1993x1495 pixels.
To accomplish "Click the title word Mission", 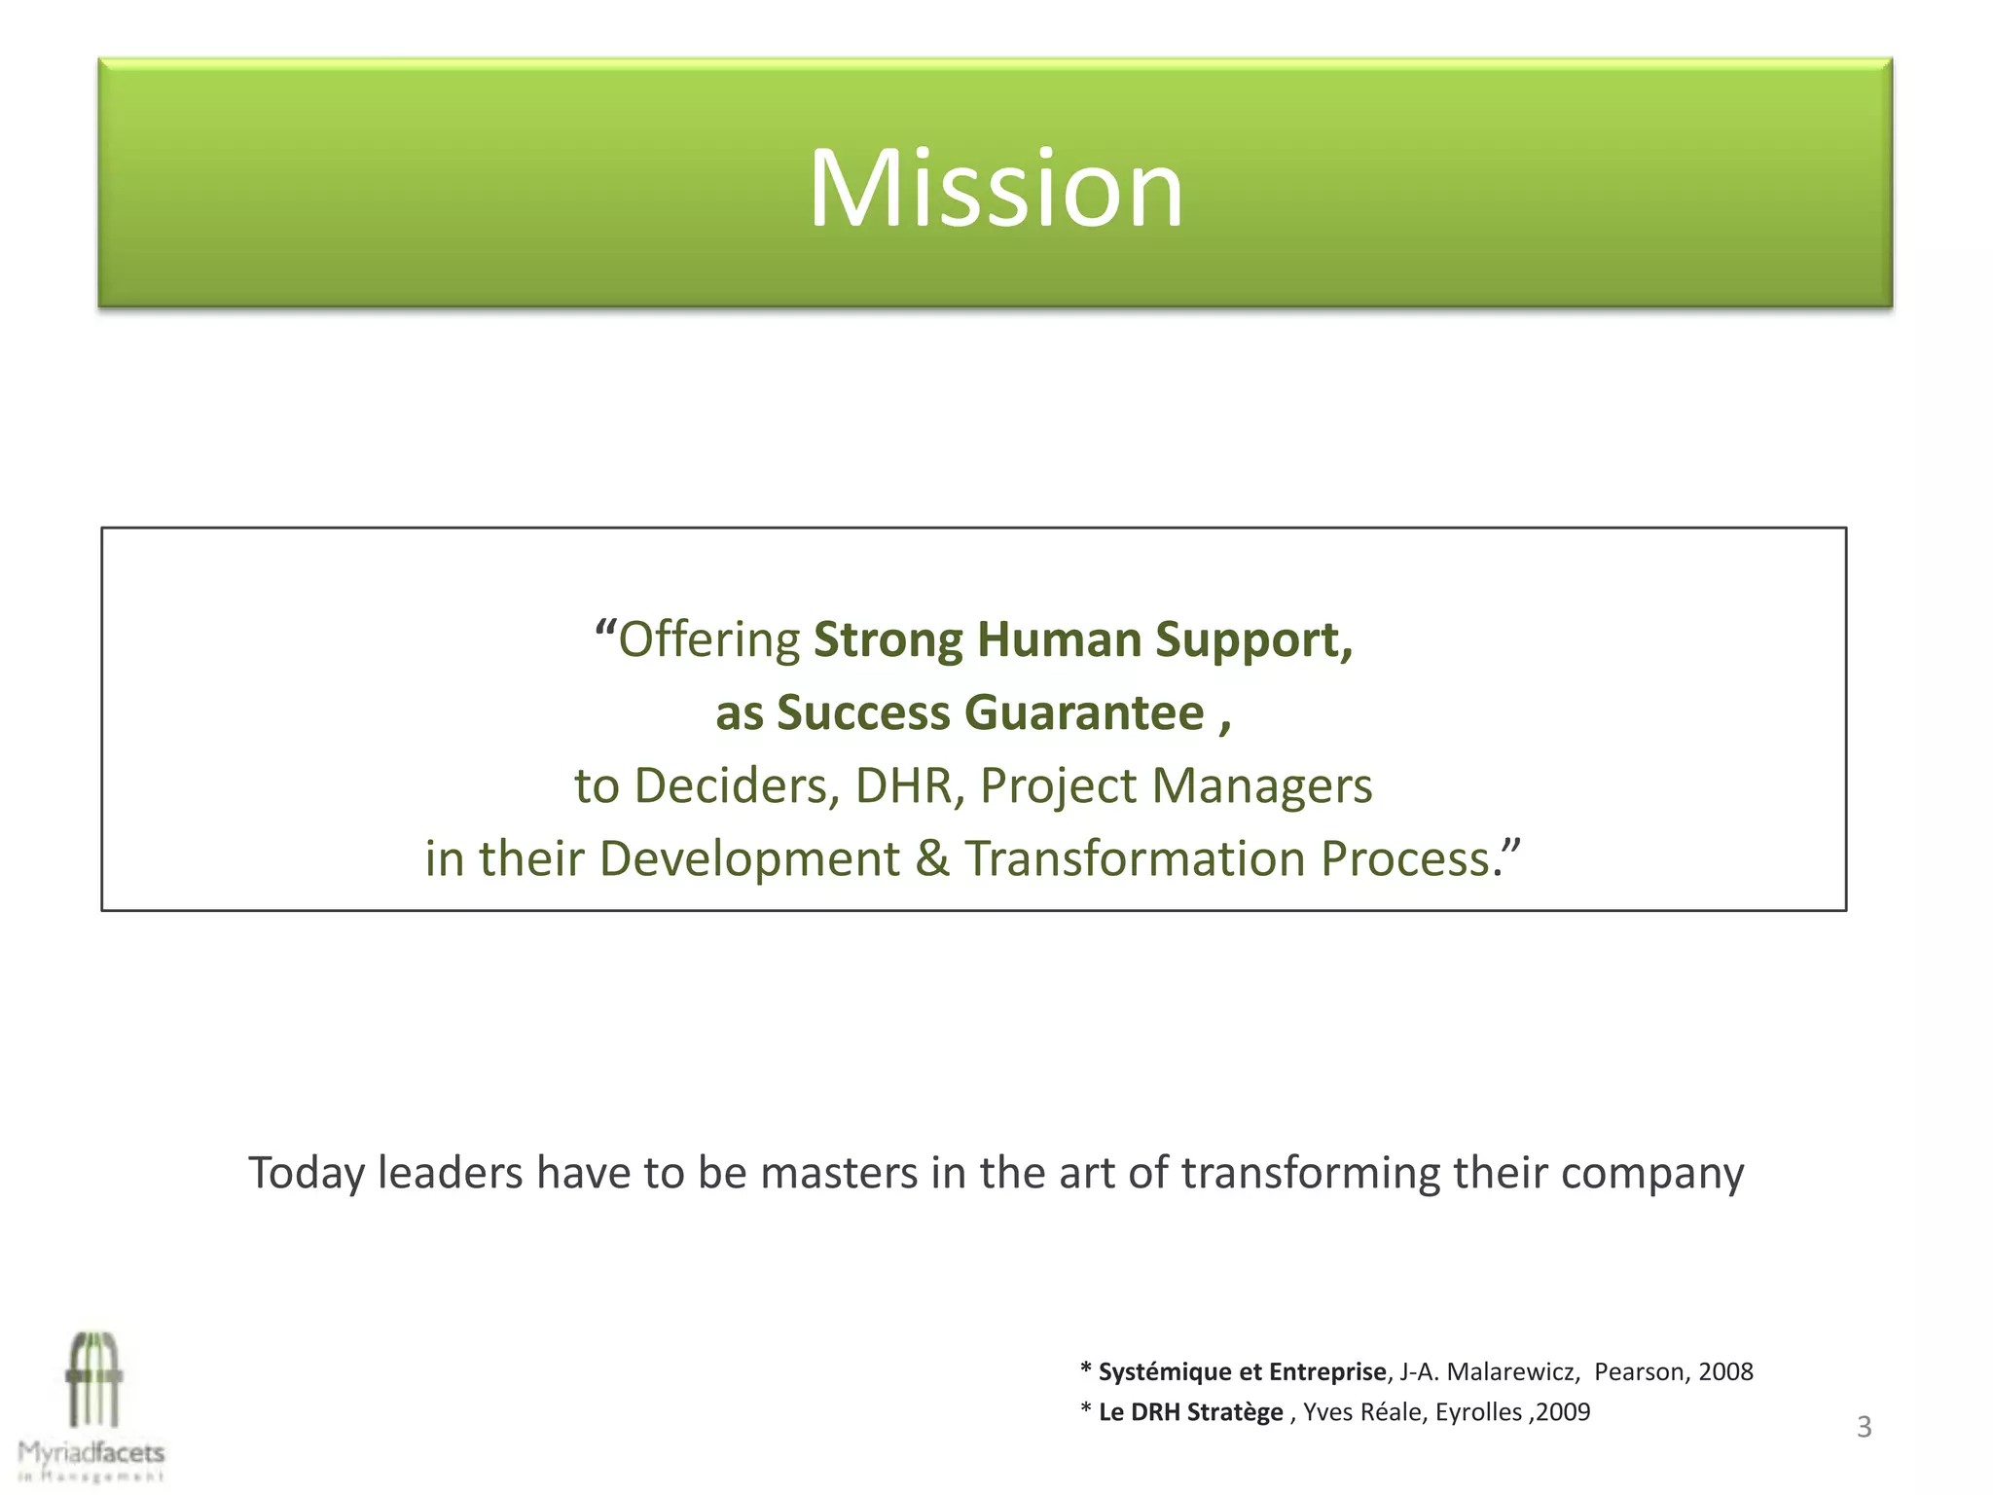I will click(x=996, y=188).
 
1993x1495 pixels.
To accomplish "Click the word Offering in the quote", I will click(x=709, y=640).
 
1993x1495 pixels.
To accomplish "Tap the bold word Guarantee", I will click(x=1084, y=712).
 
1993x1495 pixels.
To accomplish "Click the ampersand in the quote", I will click(x=931, y=858).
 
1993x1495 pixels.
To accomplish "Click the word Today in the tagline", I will click(x=306, y=1173).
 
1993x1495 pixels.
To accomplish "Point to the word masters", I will click(x=839, y=1173).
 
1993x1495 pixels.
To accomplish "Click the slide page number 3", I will click(x=1864, y=1427).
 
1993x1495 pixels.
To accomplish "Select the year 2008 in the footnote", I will click(x=1725, y=1371).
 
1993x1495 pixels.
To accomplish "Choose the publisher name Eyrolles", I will click(x=1478, y=1412).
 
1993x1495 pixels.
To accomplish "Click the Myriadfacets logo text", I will click(x=91, y=1453).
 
